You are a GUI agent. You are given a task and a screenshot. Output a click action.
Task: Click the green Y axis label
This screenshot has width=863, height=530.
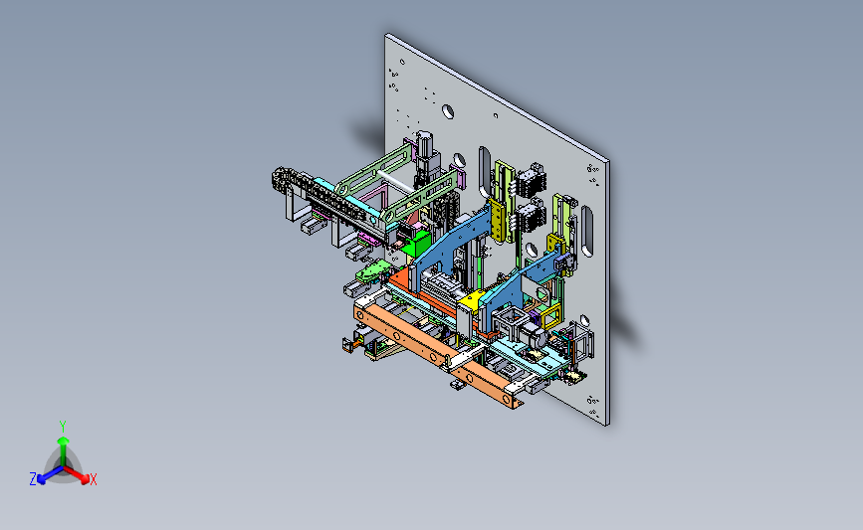click(x=62, y=427)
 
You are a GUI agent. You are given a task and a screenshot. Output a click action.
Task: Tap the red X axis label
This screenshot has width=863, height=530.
click(x=93, y=479)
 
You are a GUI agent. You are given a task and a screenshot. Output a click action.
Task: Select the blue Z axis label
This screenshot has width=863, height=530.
click(x=33, y=479)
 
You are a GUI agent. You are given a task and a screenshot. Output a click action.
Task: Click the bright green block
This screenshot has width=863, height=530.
click(x=417, y=244)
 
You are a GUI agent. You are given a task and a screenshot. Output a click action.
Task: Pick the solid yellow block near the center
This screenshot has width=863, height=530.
click(x=472, y=301)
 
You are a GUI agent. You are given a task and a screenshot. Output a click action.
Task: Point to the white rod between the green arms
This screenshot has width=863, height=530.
click(x=394, y=181)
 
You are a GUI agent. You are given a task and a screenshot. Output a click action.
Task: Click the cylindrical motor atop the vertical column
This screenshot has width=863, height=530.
click(x=423, y=143)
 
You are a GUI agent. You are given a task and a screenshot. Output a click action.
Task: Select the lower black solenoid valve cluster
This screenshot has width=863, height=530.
click(x=530, y=217)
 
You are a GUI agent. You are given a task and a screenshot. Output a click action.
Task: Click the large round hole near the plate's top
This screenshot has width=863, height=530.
click(x=448, y=111)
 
